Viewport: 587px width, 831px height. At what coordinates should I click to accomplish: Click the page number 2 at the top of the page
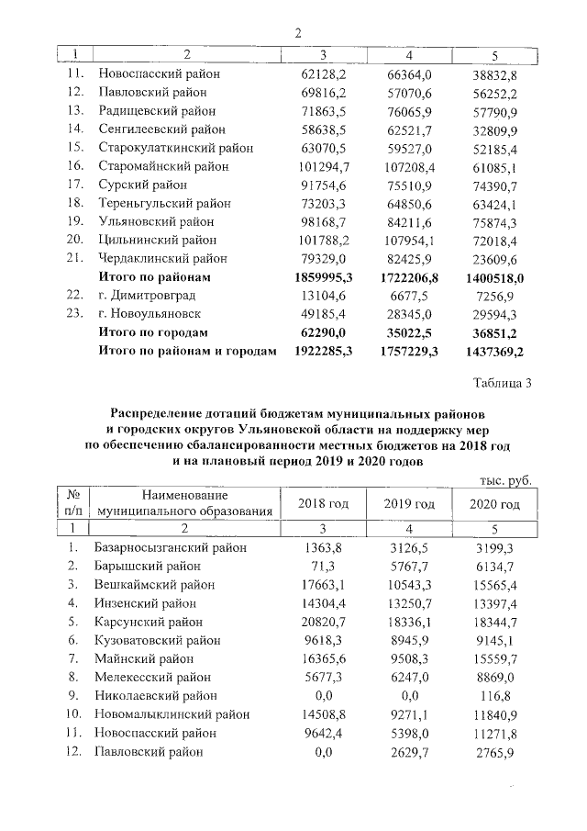[297, 33]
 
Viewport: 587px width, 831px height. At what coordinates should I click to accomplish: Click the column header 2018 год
[324, 504]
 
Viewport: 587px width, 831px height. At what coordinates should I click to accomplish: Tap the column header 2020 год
[494, 504]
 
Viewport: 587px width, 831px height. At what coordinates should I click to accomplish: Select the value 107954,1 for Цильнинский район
[409, 241]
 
